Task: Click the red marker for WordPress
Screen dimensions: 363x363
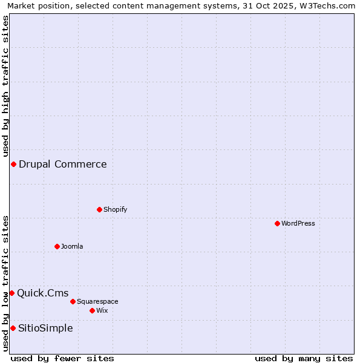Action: [x=277, y=223]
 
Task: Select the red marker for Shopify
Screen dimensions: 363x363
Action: [x=99, y=209]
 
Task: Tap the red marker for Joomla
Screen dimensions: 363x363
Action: [x=57, y=246]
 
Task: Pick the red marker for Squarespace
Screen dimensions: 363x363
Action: [x=73, y=301]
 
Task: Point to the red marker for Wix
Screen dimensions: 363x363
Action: [x=92, y=310]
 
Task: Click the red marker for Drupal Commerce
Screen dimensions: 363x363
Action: [x=13, y=164]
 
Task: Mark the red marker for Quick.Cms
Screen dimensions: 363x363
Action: [x=11, y=293]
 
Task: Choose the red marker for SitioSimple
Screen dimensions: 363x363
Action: [x=13, y=328]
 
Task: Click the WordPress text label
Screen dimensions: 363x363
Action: [x=298, y=223]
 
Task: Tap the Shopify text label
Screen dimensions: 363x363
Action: [x=115, y=209]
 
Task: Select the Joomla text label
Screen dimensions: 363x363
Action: [x=72, y=246]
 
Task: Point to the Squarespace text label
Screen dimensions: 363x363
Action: [x=97, y=301]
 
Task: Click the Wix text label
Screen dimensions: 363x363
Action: [x=102, y=310]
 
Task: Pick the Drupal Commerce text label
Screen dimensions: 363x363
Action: [x=63, y=164]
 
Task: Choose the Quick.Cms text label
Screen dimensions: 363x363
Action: [x=42, y=293]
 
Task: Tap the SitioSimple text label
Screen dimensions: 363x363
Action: [x=45, y=328]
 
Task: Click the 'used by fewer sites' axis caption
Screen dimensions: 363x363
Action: [x=62, y=358]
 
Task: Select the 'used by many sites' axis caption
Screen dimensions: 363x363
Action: [x=304, y=358]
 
